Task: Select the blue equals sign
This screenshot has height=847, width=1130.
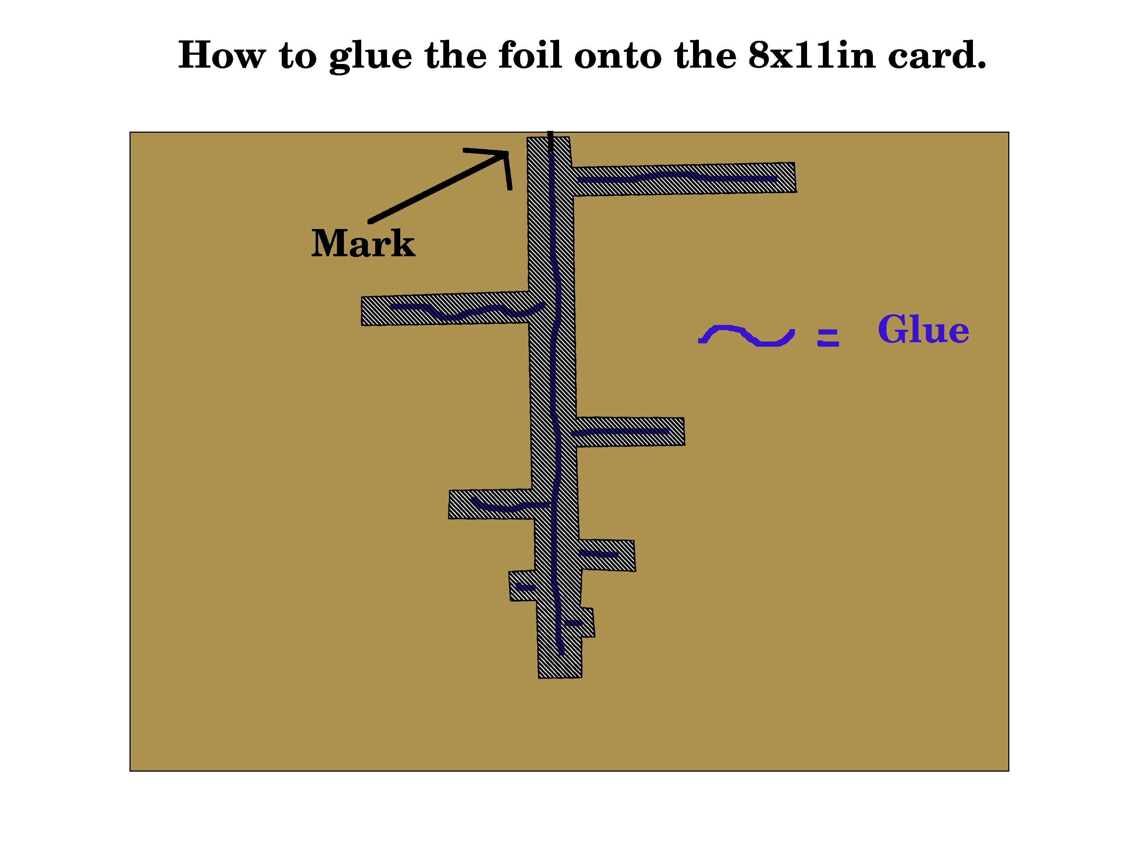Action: click(828, 337)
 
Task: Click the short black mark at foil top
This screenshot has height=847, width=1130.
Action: click(550, 142)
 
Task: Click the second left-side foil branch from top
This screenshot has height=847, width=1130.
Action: click(490, 504)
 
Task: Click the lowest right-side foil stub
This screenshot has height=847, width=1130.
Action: click(586, 622)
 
